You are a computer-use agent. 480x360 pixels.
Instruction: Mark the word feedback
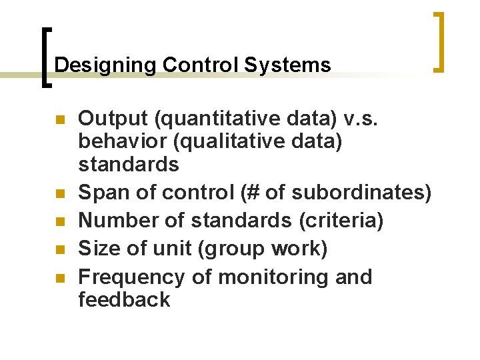tap(124, 300)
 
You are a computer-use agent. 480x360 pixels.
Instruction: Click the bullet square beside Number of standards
tap(61, 221)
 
